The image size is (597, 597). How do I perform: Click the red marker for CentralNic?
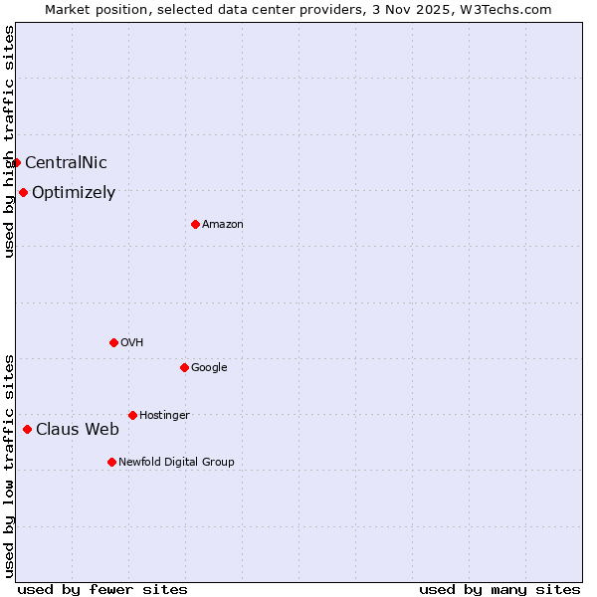pos(16,162)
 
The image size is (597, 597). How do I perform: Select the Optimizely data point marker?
pos(23,192)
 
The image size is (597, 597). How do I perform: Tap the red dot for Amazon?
pos(195,224)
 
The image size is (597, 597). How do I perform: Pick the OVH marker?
pos(113,342)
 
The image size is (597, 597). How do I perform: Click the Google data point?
pos(184,367)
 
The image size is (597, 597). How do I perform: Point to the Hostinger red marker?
pos(132,415)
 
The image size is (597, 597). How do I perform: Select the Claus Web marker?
pos(27,429)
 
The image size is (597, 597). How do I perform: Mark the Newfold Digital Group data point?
pos(111,462)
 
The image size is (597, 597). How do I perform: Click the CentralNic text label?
pos(66,163)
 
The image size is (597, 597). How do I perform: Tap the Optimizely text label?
pos(74,193)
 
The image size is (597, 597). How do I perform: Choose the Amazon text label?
pos(223,225)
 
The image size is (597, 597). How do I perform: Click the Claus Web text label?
pos(78,430)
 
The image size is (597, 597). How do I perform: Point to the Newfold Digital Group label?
pos(176,462)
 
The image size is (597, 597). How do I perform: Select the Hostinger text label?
pos(164,415)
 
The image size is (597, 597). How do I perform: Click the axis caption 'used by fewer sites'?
pos(102,589)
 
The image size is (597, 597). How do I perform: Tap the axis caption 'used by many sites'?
pos(499,589)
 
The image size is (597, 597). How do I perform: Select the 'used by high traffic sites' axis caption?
pos(9,141)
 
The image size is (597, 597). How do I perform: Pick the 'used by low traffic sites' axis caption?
pos(9,465)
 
